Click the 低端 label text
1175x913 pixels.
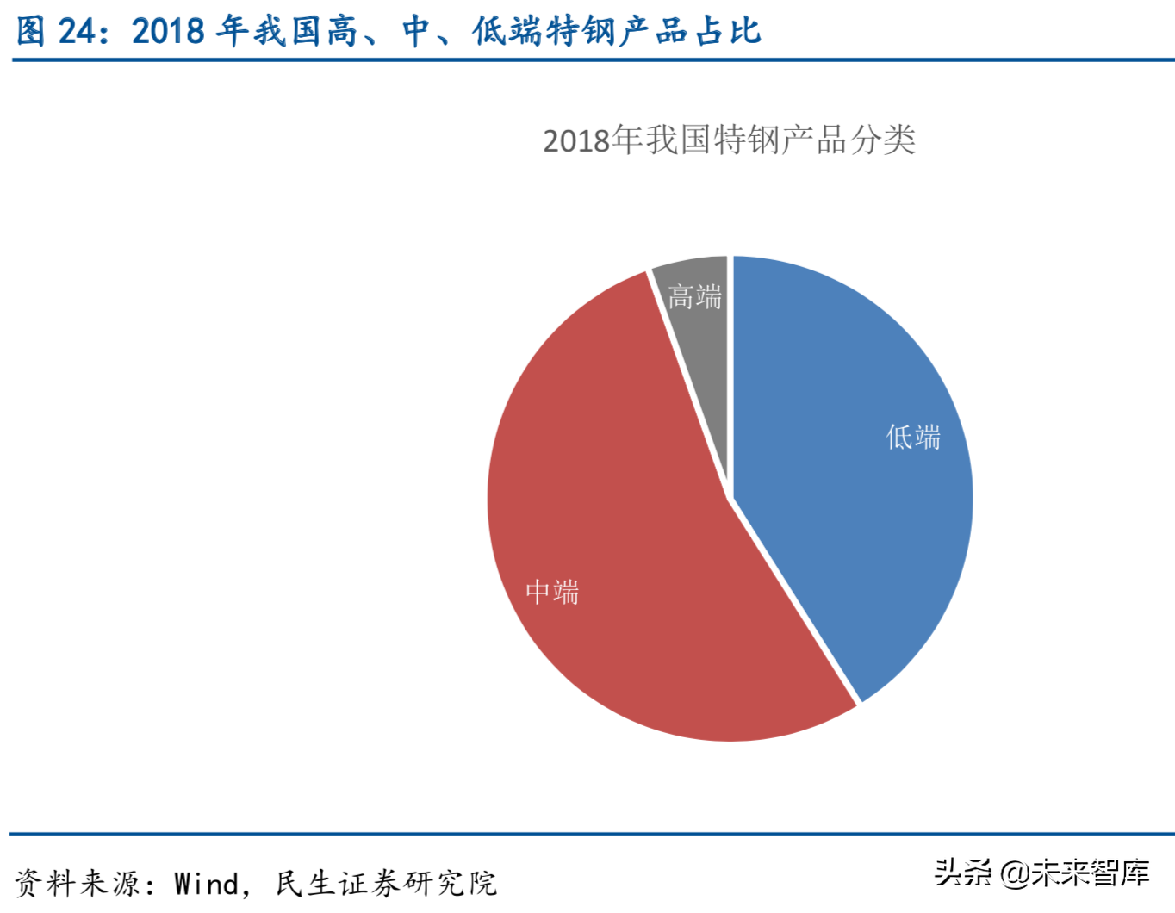coord(913,438)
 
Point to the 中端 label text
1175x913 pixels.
coord(552,593)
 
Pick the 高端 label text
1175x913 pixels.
coord(694,297)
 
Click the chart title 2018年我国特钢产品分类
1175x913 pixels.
coord(729,140)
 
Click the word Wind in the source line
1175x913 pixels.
coord(207,884)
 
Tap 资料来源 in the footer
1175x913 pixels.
coord(77,884)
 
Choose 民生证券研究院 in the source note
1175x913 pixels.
coord(386,884)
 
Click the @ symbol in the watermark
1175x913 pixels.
coord(1014,873)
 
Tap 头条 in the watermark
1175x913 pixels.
coord(963,873)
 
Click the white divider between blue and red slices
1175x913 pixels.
coord(795,600)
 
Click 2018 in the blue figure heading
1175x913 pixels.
coord(168,31)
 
